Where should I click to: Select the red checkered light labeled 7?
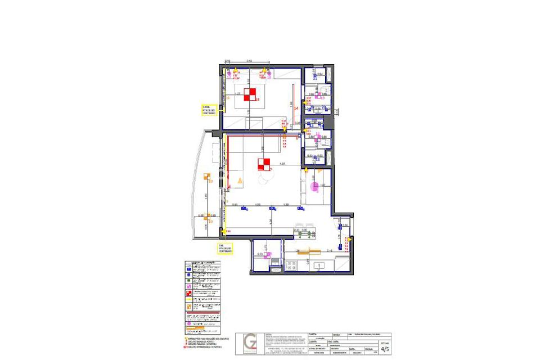[264, 164]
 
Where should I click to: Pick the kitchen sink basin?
[318, 265]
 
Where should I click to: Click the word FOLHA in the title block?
[385, 341]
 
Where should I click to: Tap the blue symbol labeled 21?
[315, 78]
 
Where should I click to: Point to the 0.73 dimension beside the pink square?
[260, 254]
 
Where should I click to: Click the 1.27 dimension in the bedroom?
[237, 93]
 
